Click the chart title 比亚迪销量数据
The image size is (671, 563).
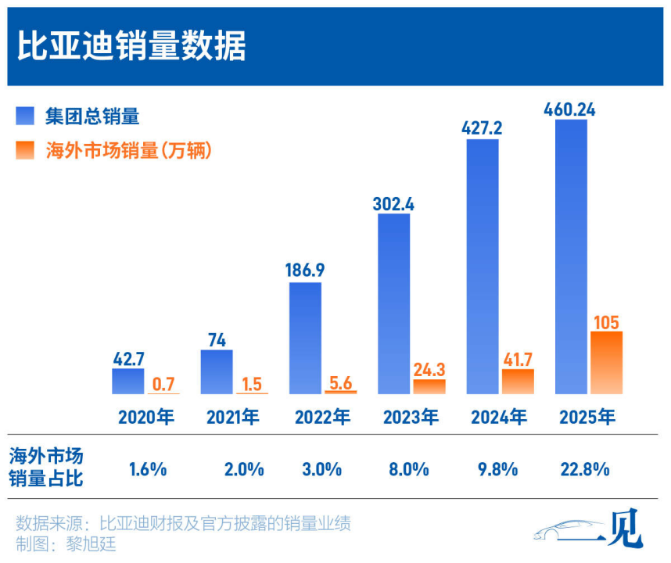click(x=131, y=47)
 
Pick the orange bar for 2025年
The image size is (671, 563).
click(x=606, y=362)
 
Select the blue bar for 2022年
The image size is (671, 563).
click(x=305, y=338)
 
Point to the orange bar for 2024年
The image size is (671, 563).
click(x=518, y=381)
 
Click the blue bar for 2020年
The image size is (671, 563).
click(x=128, y=381)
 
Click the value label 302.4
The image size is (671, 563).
click(x=393, y=203)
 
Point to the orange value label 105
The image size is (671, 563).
click(x=606, y=321)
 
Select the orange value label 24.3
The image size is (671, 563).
click(x=429, y=368)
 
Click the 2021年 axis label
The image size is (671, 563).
click(x=233, y=417)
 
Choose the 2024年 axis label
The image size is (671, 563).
click(x=499, y=417)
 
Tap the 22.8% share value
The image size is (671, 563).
click(x=586, y=469)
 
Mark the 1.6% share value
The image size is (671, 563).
click(x=147, y=469)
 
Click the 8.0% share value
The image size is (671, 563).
click(x=409, y=469)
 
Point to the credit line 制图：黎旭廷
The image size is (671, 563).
click(x=66, y=544)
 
